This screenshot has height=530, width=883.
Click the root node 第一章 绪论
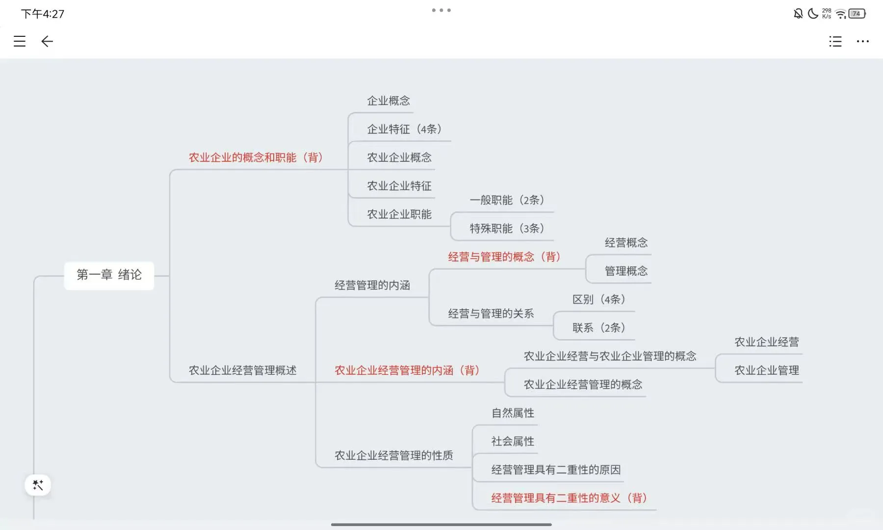coord(109,275)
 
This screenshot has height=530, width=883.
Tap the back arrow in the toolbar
coord(47,41)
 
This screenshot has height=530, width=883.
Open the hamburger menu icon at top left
coord(20,41)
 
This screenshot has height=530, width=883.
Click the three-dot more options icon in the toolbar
coord(862,41)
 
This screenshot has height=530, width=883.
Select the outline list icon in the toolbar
coord(835,41)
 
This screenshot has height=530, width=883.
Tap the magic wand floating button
coord(38,485)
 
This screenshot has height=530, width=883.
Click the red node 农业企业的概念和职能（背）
coord(256,158)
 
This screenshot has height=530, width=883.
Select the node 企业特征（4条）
coord(404,129)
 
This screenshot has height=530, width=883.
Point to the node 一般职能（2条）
coord(507,200)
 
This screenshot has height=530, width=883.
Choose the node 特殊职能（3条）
coord(507,229)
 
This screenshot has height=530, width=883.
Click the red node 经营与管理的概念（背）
coord(504,257)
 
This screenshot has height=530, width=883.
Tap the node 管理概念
coord(626,271)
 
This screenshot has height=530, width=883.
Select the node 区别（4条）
coord(598,299)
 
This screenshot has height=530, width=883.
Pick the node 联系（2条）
coord(598,328)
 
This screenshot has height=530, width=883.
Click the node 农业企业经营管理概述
coord(242,371)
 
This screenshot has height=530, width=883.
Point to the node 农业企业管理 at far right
coord(766,371)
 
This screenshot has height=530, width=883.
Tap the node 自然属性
coord(513,413)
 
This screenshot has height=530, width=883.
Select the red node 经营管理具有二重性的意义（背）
coord(569,498)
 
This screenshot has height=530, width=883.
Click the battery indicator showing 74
coord(857,14)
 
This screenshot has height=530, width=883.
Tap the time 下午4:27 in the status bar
coord(43,14)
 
